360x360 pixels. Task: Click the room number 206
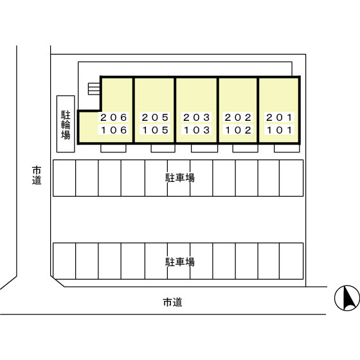114,118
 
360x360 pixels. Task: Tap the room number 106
114,130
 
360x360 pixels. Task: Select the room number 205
155,118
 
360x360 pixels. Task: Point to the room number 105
155,130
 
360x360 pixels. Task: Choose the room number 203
197,118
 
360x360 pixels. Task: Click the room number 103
197,130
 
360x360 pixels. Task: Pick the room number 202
238,118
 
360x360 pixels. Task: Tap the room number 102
238,130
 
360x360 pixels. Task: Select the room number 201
279,118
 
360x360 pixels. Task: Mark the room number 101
279,130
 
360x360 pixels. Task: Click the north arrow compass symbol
347,298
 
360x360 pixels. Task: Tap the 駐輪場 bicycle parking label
66,125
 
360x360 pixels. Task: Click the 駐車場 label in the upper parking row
180,178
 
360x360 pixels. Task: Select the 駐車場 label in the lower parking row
180,262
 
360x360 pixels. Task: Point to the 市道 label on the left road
37,175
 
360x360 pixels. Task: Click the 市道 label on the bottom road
173,302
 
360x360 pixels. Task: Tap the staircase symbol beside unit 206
94,89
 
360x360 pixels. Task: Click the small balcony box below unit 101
287,148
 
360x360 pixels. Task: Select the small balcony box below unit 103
204,148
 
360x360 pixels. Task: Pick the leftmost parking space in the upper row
64,178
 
